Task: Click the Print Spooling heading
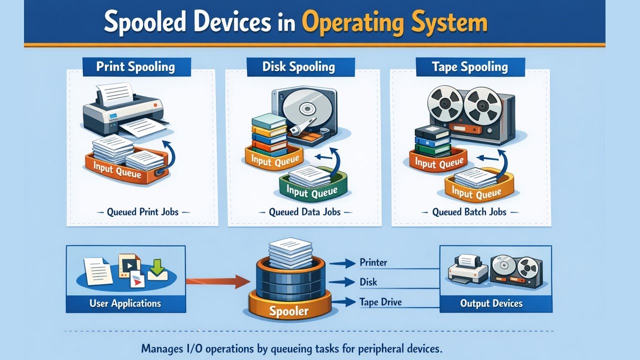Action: pos(135,67)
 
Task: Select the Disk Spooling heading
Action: pos(299,67)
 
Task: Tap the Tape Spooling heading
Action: pos(470,67)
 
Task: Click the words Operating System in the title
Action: pos(394,23)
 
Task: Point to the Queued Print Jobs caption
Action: pos(142,212)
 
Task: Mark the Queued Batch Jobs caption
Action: pos(469,212)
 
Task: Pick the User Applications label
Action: pos(125,303)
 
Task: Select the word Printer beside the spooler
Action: pos(373,262)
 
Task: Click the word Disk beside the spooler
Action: pos(368,282)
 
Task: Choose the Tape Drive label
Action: pos(380,302)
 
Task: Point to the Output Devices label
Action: pos(491,303)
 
